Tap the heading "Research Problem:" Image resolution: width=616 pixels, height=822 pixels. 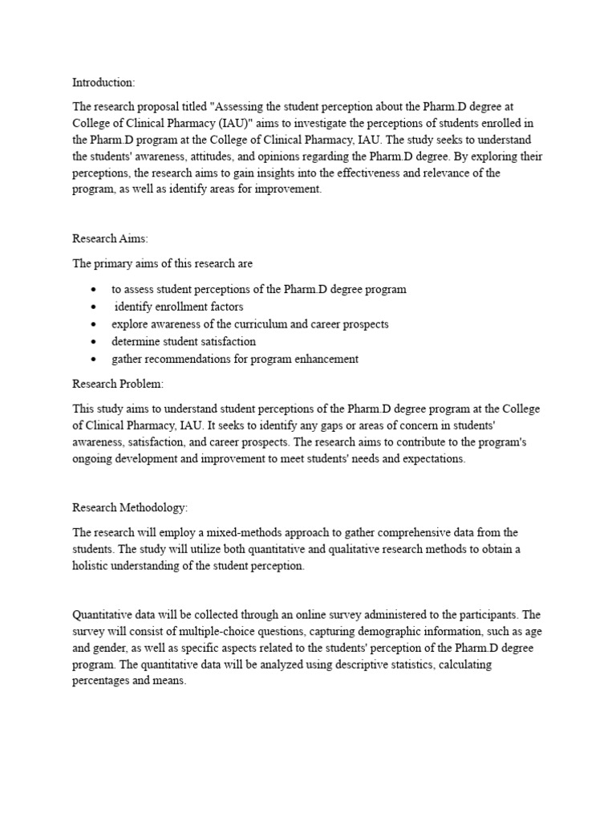[118, 385]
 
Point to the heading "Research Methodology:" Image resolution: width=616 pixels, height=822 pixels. [130, 507]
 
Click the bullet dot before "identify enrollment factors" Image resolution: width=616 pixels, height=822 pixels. [95, 307]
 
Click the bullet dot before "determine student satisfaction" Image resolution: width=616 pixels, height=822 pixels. [95, 342]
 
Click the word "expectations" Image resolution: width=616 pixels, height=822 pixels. [432, 460]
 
